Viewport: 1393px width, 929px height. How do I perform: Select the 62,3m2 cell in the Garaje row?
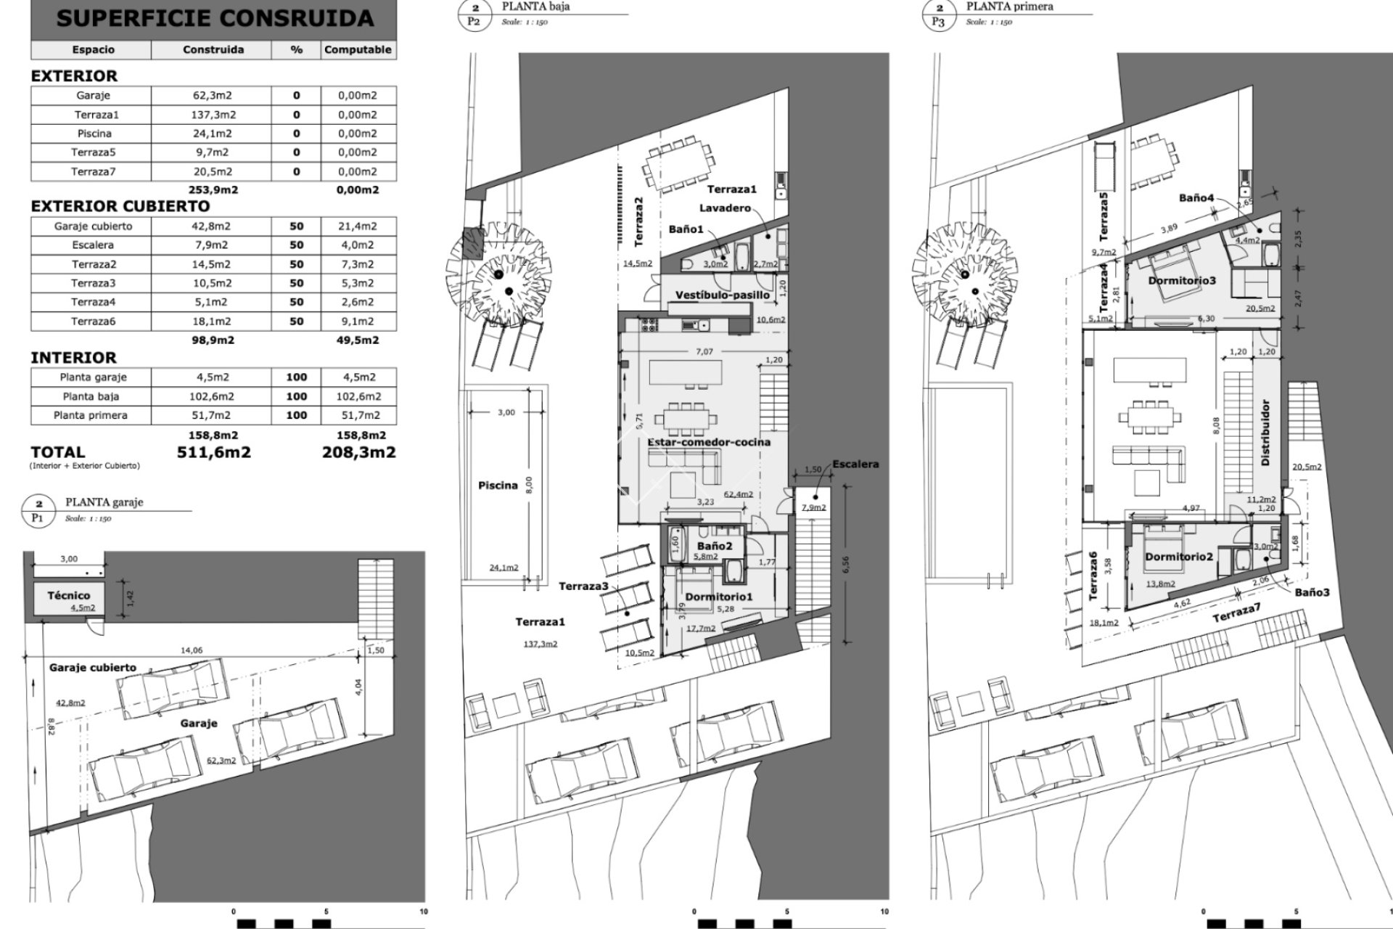(x=211, y=95)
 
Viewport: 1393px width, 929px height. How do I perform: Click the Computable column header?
(x=358, y=50)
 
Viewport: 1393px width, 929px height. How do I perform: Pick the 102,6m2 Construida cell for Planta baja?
(x=211, y=396)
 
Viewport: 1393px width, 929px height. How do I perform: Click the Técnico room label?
(x=69, y=595)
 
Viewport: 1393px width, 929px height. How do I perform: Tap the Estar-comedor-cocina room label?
(x=709, y=442)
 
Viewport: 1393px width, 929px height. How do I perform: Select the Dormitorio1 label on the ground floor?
(x=719, y=597)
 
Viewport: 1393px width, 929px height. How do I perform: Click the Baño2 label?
(x=715, y=545)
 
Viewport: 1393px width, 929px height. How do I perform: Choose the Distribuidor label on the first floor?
(x=1265, y=433)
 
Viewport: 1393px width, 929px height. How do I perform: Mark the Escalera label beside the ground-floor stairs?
(x=855, y=464)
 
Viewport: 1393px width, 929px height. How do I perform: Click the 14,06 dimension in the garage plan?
(x=192, y=650)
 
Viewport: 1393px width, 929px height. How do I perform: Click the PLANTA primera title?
(x=1009, y=7)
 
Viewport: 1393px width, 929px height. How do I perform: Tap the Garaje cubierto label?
(x=92, y=668)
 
